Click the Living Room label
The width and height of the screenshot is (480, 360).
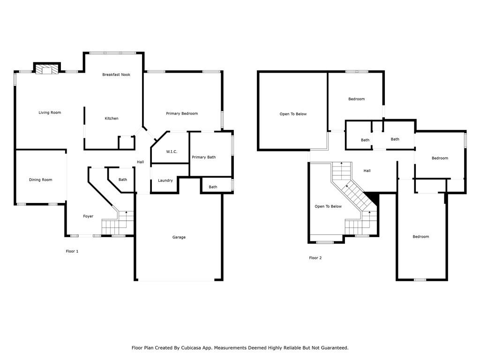(50, 112)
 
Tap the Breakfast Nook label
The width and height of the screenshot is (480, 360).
(116, 75)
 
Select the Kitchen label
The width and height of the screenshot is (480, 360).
(112, 119)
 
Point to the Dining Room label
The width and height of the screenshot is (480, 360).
(41, 180)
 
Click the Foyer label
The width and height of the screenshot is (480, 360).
(88, 217)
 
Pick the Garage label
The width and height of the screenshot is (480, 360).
(179, 237)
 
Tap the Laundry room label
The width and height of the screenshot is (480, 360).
(165, 180)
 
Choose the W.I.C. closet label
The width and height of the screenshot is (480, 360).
(172, 152)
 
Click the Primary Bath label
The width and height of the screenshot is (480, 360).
(204, 157)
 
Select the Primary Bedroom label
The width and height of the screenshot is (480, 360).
(182, 113)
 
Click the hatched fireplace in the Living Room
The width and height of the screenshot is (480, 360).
(46, 69)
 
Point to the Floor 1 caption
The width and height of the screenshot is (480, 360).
(72, 251)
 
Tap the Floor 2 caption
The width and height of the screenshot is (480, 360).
(315, 258)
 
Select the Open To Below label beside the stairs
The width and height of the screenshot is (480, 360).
(328, 207)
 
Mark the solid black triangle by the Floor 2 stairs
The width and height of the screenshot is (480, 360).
(374, 198)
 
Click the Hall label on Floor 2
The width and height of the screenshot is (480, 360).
(367, 171)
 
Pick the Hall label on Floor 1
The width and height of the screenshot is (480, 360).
(141, 162)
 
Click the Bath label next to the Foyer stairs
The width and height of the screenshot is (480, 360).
(123, 180)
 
